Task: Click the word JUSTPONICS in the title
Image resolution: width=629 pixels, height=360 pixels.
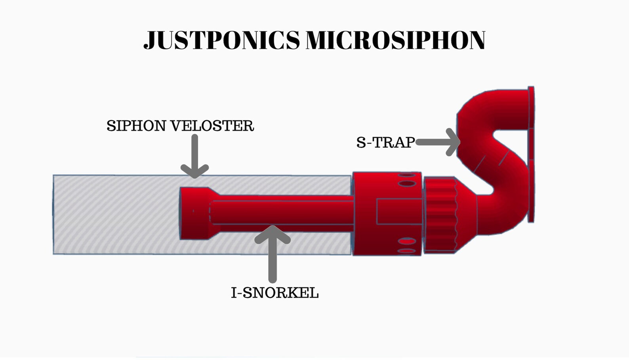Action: pyautogui.click(x=222, y=40)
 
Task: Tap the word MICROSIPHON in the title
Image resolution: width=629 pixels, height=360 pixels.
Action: pyautogui.click(x=395, y=40)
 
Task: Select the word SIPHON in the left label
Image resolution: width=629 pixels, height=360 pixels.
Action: pyautogui.click(x=136, y=126)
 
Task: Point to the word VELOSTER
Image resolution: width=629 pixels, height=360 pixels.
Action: pyautogui.click(x=212, y=126)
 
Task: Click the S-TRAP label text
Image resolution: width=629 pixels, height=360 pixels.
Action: pyautogui.click(x=385, y=142)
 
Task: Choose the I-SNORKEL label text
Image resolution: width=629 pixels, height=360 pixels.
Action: pyautogui.click(x=275, y=293)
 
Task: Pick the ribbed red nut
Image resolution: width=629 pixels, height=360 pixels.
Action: pyautogui.click(x=440, y=215)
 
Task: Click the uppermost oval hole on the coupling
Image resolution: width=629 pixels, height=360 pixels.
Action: pyautogui.click(x=407, y=175)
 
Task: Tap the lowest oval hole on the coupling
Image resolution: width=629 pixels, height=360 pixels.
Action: pyautogui.click(x=406, y=251)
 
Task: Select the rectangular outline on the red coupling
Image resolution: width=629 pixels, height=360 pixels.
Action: pyautogui.click(x=398, y=212)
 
